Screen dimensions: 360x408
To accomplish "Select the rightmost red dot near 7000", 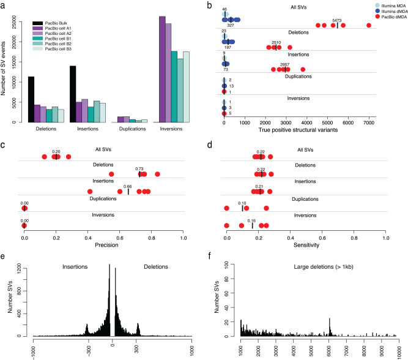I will [x=368, y=25].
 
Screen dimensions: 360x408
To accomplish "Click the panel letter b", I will [x=210, y=6].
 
